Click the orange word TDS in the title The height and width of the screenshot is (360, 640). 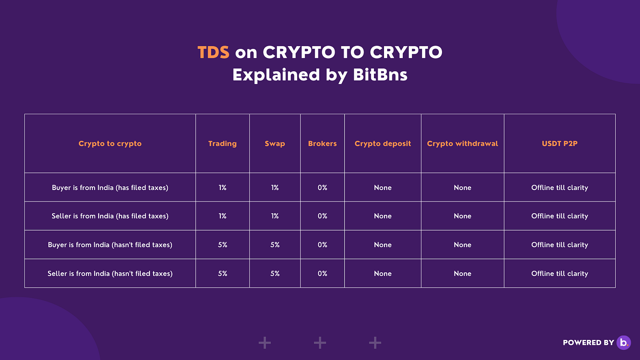213,53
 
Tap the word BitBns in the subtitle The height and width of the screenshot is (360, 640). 380,74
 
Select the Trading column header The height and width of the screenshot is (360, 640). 222,143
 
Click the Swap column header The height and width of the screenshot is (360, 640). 275,143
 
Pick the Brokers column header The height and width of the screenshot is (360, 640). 322,143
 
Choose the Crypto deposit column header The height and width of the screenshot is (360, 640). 383,143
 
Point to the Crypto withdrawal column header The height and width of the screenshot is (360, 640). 462,143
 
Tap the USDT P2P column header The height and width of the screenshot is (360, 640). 560,143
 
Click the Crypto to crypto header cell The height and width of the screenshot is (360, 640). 110,143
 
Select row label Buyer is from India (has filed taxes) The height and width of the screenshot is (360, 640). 110,188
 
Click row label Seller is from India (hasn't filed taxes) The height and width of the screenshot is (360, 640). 110,274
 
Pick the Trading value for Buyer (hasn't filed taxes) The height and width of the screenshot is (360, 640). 222,245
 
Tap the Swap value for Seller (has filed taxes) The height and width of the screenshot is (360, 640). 275,216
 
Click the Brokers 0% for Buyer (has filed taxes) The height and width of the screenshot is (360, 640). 322,188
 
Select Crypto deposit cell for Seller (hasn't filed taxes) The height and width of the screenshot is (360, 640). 383,274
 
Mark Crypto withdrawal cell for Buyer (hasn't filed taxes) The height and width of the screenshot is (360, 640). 462,245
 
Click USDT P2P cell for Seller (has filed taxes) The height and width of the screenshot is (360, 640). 560,216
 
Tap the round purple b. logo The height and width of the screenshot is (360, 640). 624,342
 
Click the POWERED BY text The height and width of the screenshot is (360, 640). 588,343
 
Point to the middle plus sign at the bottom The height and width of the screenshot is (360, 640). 320,343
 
